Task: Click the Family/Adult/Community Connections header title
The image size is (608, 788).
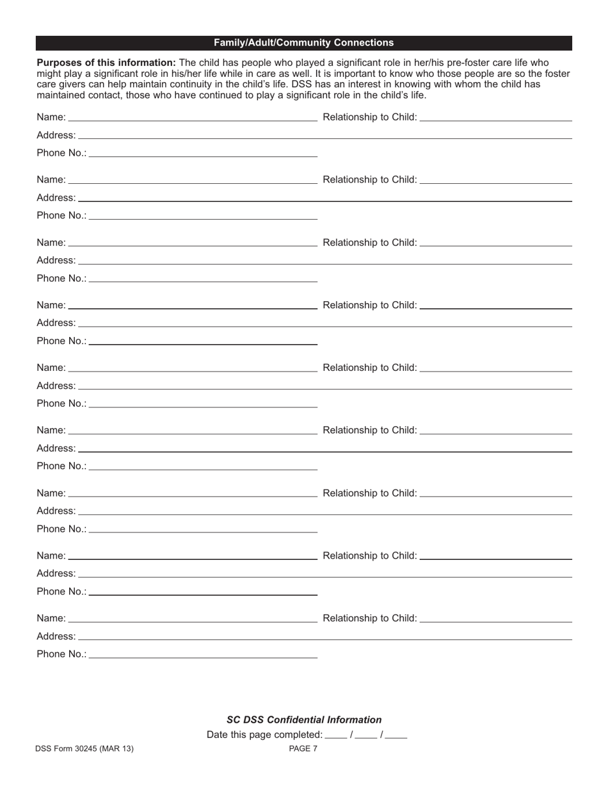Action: point(303,43)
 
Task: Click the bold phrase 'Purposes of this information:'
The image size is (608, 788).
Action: point(106,63)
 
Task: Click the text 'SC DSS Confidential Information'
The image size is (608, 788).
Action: point(304,719)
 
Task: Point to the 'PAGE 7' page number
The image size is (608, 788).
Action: point(303,748)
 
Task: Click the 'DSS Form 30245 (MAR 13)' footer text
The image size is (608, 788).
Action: point(85,748)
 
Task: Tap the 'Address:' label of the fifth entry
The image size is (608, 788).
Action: point(56,386)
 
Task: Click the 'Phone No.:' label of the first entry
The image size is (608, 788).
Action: point(61,153)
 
